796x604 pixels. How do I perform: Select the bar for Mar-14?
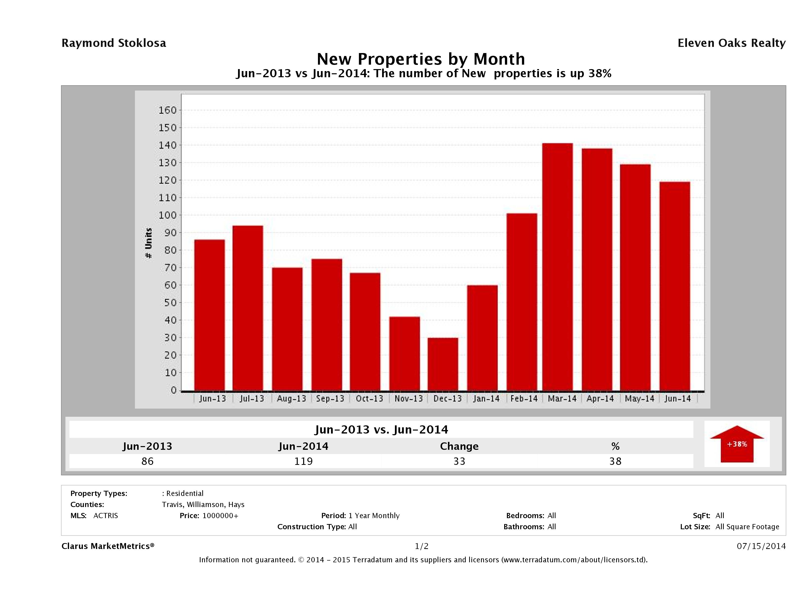(557, 267)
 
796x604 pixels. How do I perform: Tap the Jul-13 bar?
(248, 308)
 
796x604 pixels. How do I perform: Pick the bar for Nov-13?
(405, 354)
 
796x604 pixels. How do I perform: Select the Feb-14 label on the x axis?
(524, 398)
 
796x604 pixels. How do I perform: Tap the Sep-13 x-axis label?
(330, 398)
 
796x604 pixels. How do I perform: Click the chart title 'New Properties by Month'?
(421, 59)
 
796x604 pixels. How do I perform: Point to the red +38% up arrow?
(737, 444)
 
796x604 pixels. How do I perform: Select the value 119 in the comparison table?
(303, 461)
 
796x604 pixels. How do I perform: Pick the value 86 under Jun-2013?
(148, 461)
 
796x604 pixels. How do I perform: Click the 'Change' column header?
(459, 446)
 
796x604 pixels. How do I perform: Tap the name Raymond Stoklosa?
(114, 43)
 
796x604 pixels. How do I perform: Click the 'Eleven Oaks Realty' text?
(731, 43)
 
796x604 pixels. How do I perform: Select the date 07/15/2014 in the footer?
(761, 546)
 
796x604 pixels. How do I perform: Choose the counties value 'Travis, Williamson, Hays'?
(203, 504)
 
